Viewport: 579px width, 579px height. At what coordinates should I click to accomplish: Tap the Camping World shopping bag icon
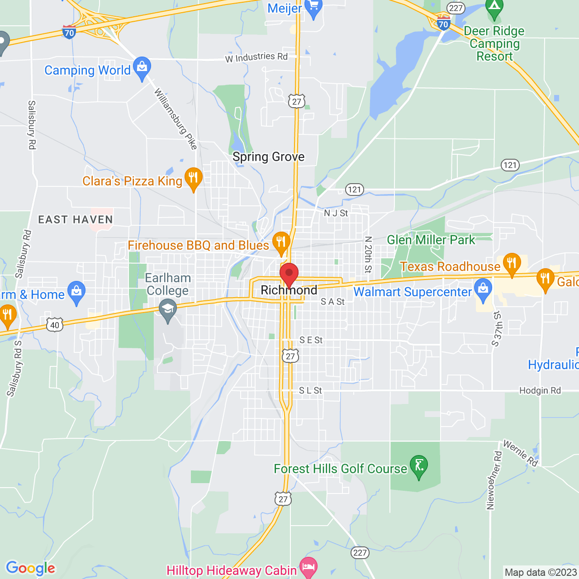coord(142,68)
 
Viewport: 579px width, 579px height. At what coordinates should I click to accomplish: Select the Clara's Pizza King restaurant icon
coord(194,179)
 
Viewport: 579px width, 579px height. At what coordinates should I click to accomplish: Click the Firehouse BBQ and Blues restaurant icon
coord(281,242)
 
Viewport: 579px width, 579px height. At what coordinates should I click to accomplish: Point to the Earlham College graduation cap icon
coord(168,311)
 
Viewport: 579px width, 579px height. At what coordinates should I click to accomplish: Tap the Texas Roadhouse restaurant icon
coord(512,264)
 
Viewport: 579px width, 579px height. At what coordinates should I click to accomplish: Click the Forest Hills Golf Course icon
coord(419,466)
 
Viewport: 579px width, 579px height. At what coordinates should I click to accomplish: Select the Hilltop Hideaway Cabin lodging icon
coord(308,568)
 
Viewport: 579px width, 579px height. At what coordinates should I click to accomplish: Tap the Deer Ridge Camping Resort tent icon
coord(494,8)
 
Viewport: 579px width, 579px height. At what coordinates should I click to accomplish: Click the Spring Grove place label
coord(268,157)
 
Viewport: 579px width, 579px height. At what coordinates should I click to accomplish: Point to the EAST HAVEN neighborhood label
coord(76,220)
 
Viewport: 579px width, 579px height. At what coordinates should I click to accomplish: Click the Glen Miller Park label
coord(431,240)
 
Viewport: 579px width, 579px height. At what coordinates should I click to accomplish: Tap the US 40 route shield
coord(55,325)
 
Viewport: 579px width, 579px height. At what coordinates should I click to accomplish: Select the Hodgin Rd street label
coord(540,390)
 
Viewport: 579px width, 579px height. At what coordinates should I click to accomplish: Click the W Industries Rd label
coord(256,57)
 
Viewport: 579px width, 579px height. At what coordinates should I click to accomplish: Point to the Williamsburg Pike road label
coord(176,119)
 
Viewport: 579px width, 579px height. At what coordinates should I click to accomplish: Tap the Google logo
coord(30,568)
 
